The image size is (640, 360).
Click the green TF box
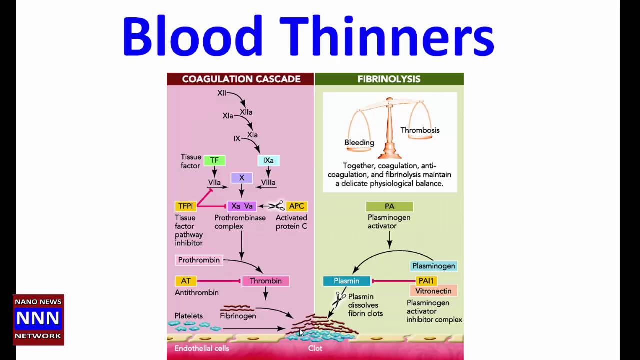click(x=214, y=160)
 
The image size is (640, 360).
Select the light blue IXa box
click(x=268, y=160)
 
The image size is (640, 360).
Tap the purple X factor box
click(x=241, y=178)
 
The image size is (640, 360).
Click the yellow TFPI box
click(x=185, y=206)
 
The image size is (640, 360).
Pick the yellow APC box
click(x=296, y=206)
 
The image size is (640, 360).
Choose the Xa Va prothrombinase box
click(x=242, y=206)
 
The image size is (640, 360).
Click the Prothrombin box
click(x=199, y=260)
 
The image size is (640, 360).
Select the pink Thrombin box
click(x=265, y=281)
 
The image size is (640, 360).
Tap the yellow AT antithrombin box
click(x=186, y=281)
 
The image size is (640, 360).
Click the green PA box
click(x=389, y=206)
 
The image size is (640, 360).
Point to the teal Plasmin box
click(x=346, y=281)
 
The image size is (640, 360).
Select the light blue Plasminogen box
click(x=433, y=266)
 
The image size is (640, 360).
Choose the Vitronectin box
click(x=433, y=291)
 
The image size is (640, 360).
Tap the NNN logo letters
click(x=38, y=318)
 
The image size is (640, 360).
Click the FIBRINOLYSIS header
click(x=389, y=79)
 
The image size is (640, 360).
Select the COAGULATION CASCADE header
click(x=241, y=79)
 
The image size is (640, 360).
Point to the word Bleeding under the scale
click(x=359, y=142)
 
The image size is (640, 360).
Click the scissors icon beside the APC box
click(x=276, y=205)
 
